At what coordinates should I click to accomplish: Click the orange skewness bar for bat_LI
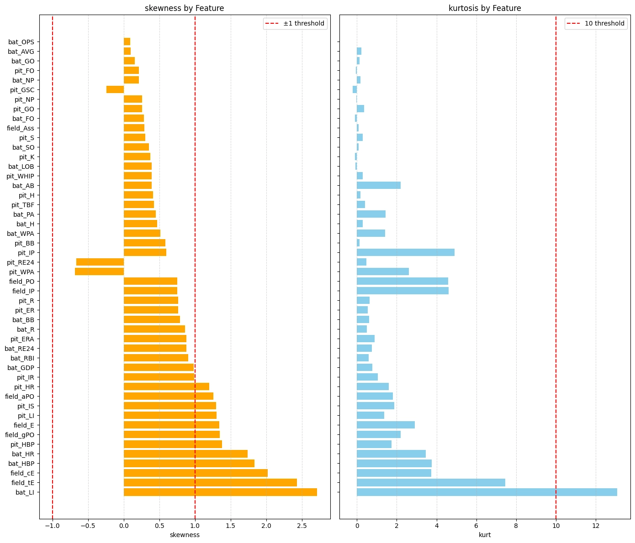220,492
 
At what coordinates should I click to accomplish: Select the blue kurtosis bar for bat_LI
487,492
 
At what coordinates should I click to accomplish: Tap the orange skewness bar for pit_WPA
99,272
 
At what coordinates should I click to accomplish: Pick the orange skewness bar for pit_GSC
115,90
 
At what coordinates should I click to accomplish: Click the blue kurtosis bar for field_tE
431,483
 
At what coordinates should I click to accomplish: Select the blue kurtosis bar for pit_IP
405,253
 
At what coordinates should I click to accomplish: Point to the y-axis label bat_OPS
21,42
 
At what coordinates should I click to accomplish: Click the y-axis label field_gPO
19,435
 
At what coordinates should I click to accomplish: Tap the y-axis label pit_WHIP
20,176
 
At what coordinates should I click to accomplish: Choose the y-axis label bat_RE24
19,349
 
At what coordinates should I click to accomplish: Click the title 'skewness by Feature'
184,8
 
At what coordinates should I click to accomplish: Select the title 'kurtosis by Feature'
485,8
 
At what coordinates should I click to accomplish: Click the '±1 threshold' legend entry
303,24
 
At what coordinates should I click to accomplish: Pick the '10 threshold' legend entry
604,24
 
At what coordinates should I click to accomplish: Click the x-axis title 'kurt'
485,535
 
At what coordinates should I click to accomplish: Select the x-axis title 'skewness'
185,535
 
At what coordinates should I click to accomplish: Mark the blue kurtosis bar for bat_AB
379,186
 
